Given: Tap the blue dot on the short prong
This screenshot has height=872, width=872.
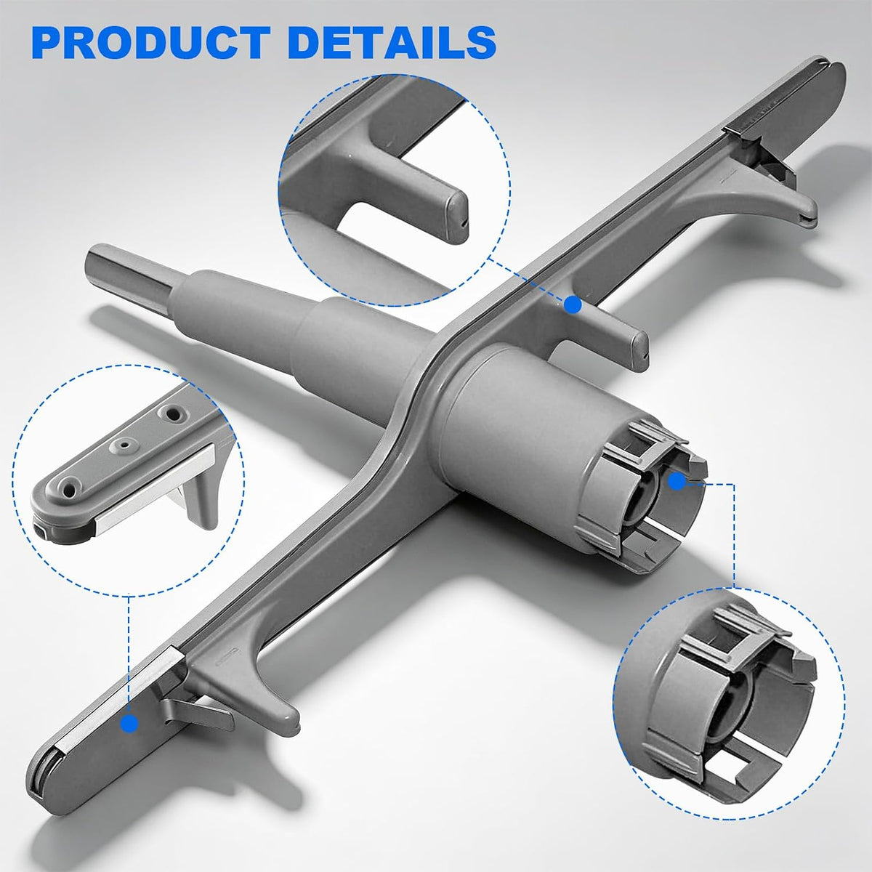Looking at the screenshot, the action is pyautogui.click(x=573, y=304).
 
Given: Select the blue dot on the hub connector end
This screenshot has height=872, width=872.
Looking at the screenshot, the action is pyautogui.click(x=677, y=482).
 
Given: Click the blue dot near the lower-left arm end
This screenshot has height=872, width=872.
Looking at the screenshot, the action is pyautogui.click(x=130, y=723).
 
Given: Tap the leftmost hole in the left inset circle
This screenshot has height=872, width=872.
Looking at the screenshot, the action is pyautogui.click(x=69, y=490).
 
